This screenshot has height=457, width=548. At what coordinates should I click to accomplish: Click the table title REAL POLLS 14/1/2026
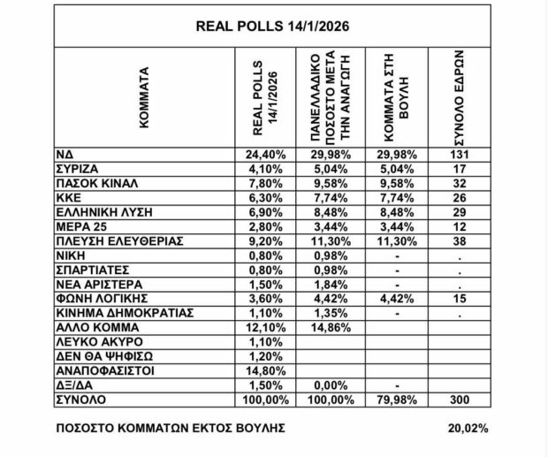[272, 26]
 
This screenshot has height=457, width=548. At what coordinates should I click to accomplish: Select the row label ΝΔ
[65, 155]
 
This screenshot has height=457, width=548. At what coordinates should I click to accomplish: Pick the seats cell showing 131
[458, 155]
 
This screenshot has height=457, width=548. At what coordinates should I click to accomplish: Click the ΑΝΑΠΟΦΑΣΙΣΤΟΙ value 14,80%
[265, 370]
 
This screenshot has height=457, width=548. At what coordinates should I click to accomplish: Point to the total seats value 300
[458, 399]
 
